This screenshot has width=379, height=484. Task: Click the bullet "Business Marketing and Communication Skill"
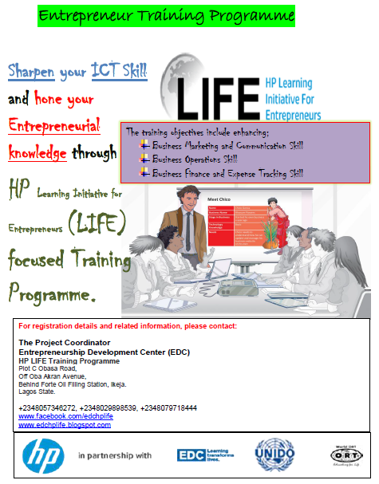pyautogui.click(x=227, y=146)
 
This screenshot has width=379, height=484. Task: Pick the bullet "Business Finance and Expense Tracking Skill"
pyautogui.click(x=227, y=172)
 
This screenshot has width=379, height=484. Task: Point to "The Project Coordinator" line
pyautogui.click(x=63, y=343)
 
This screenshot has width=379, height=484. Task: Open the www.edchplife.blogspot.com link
pyautogui.click(x=65, y=425)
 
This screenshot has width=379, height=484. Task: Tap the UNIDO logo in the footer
pyautogui.click(x=274, y=455)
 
